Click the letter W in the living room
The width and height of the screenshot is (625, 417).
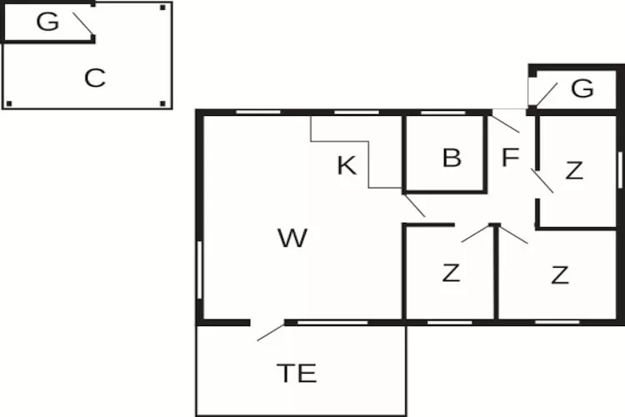pos(292,238)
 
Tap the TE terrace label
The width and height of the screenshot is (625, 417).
pos(297,374)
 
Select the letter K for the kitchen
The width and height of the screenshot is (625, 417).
pos(347,165)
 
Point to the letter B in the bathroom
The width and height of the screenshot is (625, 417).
pos(452,158)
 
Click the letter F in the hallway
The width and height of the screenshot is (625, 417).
pos(510,157)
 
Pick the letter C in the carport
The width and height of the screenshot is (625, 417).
pos(95,78)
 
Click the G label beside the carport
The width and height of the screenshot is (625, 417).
pos(47,22)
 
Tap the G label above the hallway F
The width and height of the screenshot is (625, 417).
pos(582,88)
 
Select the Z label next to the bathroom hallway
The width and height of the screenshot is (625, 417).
pos(574,170)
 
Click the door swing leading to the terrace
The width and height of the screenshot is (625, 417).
pos(271,333)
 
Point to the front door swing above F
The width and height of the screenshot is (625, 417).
pos(506,123)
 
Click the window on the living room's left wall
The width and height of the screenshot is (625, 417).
pos(200,269)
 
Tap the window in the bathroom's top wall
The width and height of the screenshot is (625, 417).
pos(442,113)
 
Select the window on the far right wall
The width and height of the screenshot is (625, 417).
pos(620,170)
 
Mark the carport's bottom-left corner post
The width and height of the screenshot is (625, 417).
pos(9,103)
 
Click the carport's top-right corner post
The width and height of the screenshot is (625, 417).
pos(162,8)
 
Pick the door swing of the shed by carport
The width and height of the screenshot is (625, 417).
pos(82,24)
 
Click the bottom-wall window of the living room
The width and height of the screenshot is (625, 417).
pos(332,323)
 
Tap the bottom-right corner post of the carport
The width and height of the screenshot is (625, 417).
pos(162,103)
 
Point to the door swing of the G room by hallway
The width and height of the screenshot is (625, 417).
pos(547,94)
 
